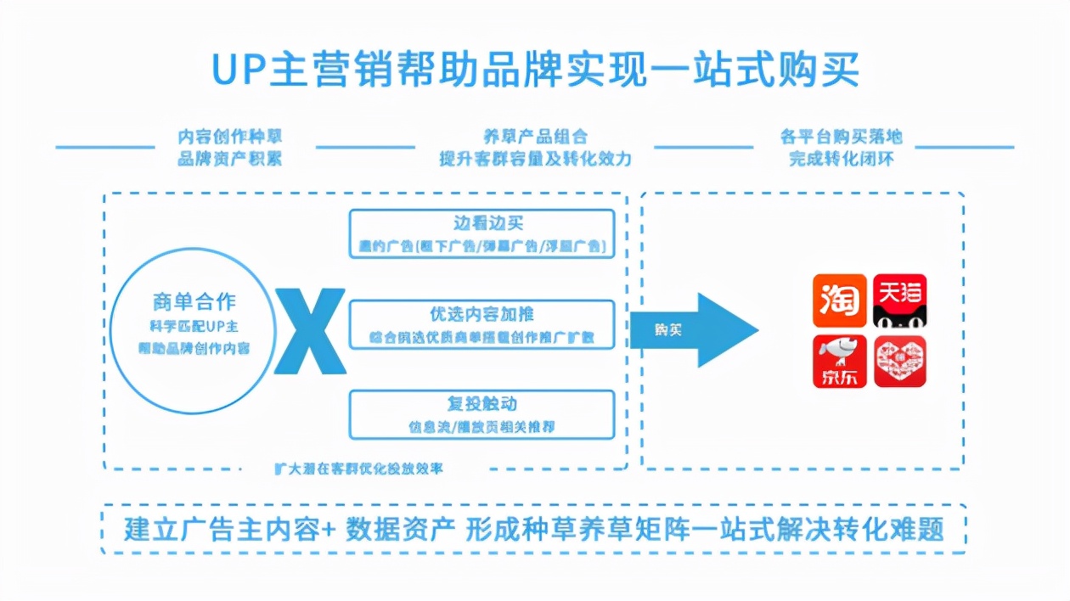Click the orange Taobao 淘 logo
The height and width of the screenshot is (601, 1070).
tap(840, 300)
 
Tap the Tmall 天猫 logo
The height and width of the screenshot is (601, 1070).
tap(900, 300)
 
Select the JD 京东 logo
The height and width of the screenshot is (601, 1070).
tap(840, 361)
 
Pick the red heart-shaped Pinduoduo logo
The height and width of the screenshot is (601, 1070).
tap(900, 361)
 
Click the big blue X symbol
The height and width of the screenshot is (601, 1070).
tap(310, 331)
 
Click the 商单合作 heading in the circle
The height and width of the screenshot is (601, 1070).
tap(194, 301)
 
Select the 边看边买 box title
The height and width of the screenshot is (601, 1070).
tap(488, 223)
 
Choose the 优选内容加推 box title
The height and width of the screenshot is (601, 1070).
tap(481, 314)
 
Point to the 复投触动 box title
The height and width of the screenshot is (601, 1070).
tap(481, 403)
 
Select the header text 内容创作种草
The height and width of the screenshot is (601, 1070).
tap(229, 137)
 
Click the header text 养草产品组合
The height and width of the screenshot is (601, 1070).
tap(535, 137)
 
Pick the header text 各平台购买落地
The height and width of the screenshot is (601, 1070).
tap(841, 137)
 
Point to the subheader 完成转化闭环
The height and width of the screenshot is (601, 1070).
tap(841, 159)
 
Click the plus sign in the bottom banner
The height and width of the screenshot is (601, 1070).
tap(329, 529)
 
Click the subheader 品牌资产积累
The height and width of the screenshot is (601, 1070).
tap(229, 159)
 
